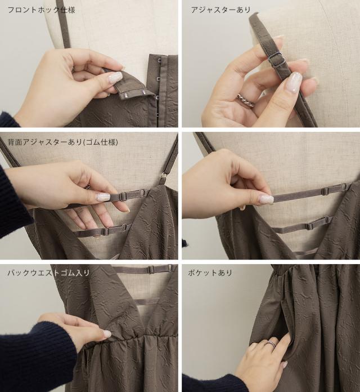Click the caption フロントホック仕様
[41, 10]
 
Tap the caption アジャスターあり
[220, 10]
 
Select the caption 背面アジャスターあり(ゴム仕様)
[62, 142]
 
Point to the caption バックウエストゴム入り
[48, 273]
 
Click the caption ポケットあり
[210, 273]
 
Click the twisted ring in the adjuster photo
[245, 100]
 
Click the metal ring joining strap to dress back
[164, 177]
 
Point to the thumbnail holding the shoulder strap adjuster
[294, 82]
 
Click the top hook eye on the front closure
[159, 60]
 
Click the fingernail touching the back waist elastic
[107, 334]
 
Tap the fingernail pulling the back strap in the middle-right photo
[265, 199]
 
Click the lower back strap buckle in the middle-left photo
[106, 231]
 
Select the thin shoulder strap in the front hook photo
[64, 24]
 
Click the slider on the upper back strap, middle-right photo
[325, 191]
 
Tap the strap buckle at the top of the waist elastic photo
[151, 269]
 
